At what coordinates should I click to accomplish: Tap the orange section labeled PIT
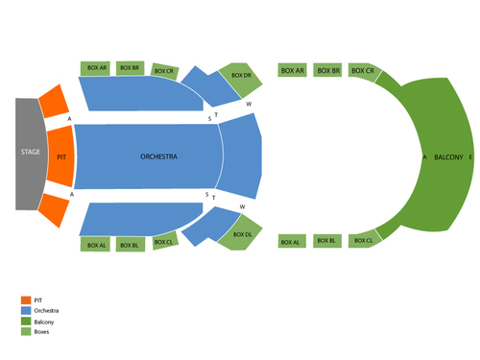click(x=60, y=156)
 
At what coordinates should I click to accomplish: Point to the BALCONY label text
click(x=447, y=156)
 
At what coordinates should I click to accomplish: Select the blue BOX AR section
click(x=97, y=68)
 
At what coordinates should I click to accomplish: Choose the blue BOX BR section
click(x=132, y=68)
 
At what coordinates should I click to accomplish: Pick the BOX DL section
click(x=241, y=234)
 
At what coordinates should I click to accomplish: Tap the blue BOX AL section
click(x=97, y=246)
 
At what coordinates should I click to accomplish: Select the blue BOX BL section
click(x=132, y=246)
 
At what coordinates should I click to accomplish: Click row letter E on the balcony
click(x=470, y=156)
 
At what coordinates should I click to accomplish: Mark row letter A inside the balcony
click(x=423, y=156)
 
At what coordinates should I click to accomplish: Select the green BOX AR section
click(x=292, y=71)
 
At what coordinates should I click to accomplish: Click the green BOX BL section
click(x=326, y=240)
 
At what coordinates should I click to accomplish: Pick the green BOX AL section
click(x=292, y=242)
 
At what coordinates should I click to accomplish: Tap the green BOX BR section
click(x=327, y=71)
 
